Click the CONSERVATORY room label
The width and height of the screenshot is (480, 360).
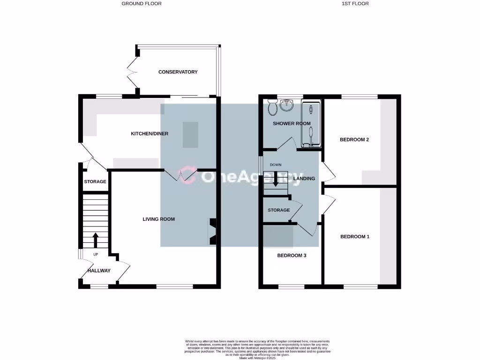178,72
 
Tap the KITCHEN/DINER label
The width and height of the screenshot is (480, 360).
149,134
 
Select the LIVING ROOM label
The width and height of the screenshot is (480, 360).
158,219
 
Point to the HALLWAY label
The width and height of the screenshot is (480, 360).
99,270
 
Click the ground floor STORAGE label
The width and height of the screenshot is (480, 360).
95,182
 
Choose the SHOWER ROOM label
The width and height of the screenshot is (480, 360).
292,124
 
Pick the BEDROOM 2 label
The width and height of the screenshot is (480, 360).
354,140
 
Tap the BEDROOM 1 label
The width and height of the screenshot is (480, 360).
354,237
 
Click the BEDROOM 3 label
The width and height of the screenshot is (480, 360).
292,255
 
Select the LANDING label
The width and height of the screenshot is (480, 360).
304,179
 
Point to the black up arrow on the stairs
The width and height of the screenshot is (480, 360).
96,240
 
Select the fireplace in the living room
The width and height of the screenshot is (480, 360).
212,232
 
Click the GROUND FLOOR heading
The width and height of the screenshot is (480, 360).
142,4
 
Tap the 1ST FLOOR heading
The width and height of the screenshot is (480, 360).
355,4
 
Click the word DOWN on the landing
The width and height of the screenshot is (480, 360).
276,165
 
